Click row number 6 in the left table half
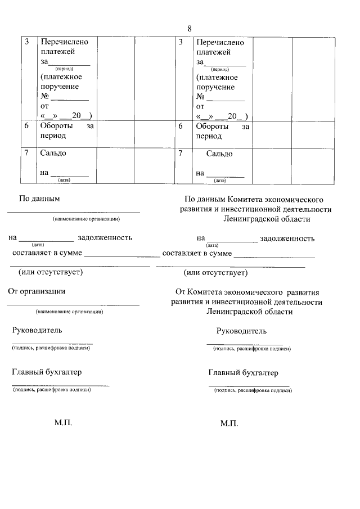[26, 127]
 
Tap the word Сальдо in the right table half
[219, 154]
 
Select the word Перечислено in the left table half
[64, 42]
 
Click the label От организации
[37, 291]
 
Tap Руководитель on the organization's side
[37, 330]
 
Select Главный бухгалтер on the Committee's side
[243, 373]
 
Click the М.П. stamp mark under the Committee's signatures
[229, 423]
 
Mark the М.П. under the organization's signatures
[64, 422]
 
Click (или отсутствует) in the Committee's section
[216, 273]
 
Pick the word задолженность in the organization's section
[106, 237]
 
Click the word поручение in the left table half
[60, 87]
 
